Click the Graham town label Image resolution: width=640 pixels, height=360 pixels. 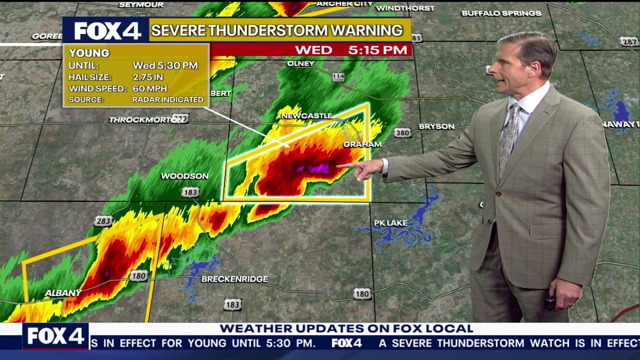click(x=362, y=144)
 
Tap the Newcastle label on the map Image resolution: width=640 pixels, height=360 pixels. click(x=306, y=116)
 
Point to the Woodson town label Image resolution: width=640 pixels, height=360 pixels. click(x=184, y=176)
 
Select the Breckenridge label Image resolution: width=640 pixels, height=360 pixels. click(x=234, y=279)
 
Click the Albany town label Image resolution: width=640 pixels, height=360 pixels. click(x=63, y=293)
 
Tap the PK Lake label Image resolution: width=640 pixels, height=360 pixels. click(x=390, y=223)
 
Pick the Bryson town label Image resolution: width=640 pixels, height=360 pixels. click(x=436, y=126)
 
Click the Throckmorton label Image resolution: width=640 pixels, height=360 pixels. click(x=140, y=120)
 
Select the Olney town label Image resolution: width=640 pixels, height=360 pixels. click(x=300, y=63)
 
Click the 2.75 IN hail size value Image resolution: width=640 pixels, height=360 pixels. click(x=148, y=77)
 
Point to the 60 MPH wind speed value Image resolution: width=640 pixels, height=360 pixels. click(x=150, y=88)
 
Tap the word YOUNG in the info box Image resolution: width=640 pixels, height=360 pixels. click(x=89, y=53)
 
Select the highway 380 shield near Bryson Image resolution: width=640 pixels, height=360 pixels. click(x=402, y=133)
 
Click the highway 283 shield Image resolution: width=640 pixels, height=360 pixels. click(x=103, y=221)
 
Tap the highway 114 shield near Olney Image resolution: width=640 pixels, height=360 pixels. click(x=338, y=77)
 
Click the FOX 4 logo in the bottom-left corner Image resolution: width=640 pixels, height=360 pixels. click(x=55, y=336)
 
